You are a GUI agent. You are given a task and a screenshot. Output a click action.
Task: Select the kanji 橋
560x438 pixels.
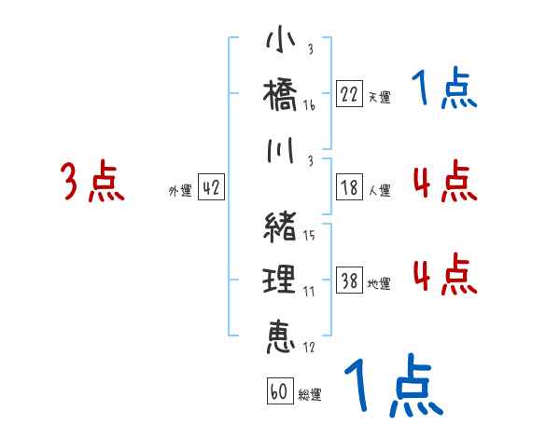pos(280,97)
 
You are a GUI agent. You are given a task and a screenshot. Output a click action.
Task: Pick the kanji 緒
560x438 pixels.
pos(280,226)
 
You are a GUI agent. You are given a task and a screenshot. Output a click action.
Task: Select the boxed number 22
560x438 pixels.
pos(350,94)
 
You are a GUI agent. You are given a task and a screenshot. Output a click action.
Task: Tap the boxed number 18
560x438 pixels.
pos(350,186)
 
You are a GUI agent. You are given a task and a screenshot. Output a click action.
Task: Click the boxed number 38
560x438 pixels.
pos(350,281)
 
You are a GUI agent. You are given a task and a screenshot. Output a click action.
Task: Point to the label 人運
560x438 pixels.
pos(379,190)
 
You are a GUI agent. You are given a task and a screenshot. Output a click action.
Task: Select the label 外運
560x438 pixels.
pos(180,190)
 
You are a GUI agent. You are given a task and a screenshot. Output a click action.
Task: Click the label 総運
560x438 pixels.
pos(310,395)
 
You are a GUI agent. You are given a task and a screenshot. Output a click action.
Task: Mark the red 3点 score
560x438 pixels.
pos(92,182)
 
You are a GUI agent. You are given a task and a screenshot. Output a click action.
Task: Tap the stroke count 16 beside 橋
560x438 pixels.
pos(309,106)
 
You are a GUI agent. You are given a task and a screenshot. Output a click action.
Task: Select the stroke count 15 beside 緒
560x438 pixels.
pos(309,235)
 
